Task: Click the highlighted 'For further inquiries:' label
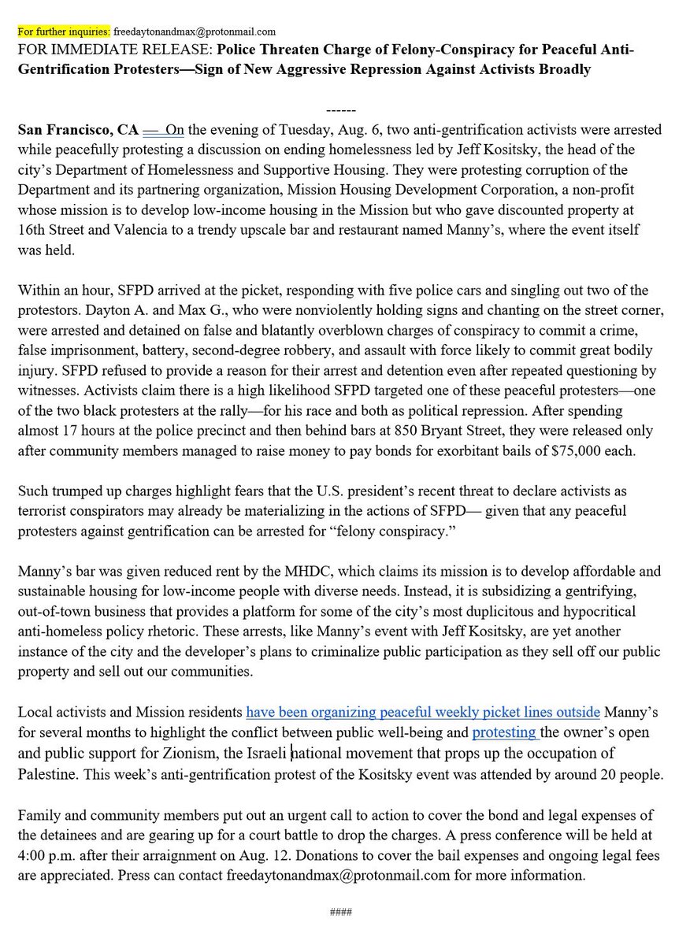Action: tap(64, 32)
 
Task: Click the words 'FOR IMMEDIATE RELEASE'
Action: tap(102, 50)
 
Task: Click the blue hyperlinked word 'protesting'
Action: tap(505, 732)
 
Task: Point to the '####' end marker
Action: tap(340, 913)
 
